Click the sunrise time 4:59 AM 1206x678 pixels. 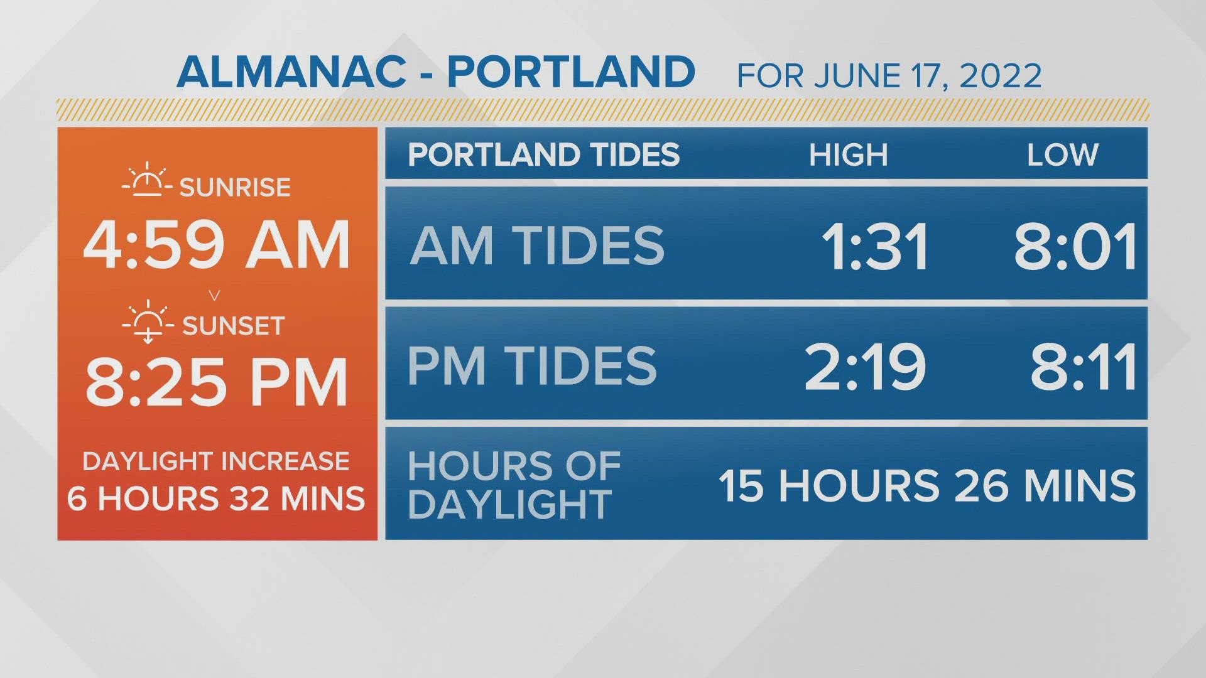click(x=217, y=245)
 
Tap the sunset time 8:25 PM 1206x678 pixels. click(x=217, y=382)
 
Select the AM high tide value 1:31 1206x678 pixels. click(x=875, y=247)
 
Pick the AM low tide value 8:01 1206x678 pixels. click(x=1075, y=247)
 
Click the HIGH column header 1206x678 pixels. click(x=848, y=155)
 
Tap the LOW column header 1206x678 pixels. click(x=1062, y=155)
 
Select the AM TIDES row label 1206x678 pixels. click(x=537, y=245)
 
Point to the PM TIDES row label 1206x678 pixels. click(x=532, y=365)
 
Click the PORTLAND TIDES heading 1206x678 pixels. click(x=544, y=155)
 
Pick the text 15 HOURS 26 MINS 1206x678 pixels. click(x=927, y=486)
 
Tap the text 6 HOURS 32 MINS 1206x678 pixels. click(x=216, y=498)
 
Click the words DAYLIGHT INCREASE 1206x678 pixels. click(x=216, y=461)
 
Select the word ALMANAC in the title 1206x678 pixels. click(x=291, y=72)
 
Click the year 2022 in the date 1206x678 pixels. click(x=1001, y=76)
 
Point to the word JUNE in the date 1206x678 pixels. click(x=856, y=76)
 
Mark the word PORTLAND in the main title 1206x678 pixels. click(x=571, y=72)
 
